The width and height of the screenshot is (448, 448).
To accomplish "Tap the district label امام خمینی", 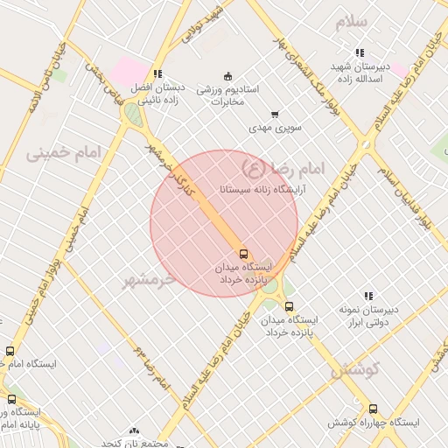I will (x=64, y=153).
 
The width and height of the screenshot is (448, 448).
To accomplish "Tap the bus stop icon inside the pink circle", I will (x=243, y=254).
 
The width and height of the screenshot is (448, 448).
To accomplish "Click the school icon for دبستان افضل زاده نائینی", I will (x=157, y=74).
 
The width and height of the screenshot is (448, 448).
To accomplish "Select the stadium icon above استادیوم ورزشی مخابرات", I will (x=228, y=74).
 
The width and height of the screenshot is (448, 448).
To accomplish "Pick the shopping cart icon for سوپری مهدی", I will (x=275, y=114).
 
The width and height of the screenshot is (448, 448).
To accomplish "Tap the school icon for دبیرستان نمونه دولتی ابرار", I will (x=368, y=297).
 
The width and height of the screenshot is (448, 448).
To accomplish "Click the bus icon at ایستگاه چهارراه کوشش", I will (x=374, y=409).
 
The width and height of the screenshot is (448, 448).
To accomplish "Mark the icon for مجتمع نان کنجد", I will (x=134, y=431).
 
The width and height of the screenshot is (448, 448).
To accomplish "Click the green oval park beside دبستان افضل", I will (x=133, y=114).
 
